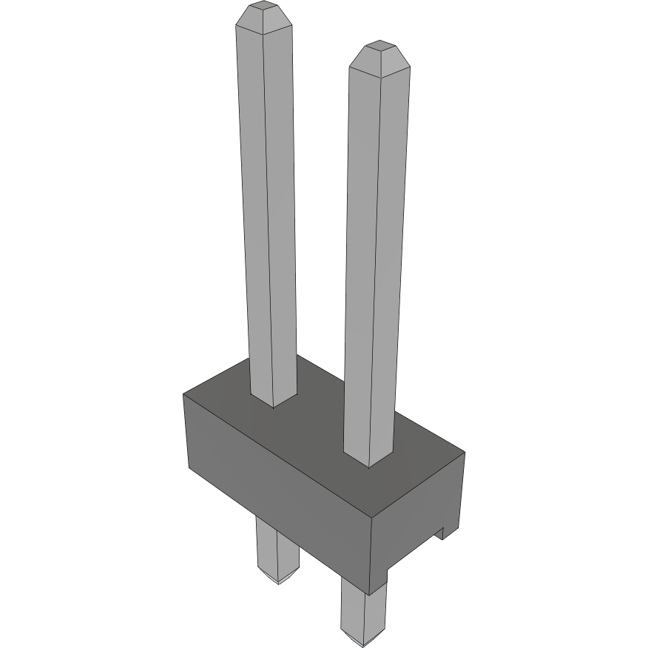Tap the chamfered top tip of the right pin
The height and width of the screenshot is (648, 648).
coord(379,58)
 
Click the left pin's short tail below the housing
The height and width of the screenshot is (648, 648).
coord(275,547)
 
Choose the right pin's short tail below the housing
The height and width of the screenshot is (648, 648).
coord(362,610)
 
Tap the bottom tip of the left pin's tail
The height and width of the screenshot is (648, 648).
coord(278,581)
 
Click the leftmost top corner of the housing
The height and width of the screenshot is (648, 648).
coord(183,394)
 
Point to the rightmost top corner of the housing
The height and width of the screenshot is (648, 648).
coord(465,450)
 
